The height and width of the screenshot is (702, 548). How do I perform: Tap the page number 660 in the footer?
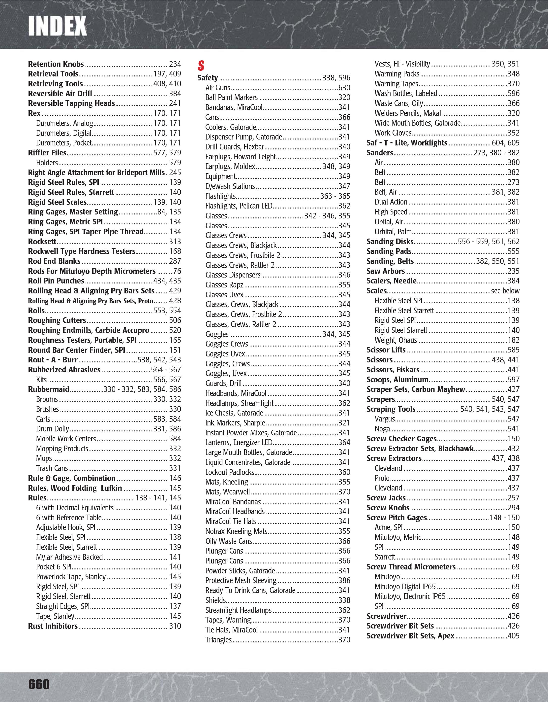tap(39, 684)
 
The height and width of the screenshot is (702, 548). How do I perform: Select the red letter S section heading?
tap(201, 66)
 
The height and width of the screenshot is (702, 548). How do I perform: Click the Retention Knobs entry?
tap(56, 64)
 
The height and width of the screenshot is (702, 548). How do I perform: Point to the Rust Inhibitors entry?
tap(53, 626)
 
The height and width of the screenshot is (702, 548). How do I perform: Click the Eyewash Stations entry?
tap(230, 186)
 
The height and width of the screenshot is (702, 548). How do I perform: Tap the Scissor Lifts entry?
tap(386, 350)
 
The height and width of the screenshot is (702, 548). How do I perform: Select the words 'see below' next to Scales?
tap(505, 291)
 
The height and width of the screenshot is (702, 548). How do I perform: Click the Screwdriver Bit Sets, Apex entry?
tap(410, 636)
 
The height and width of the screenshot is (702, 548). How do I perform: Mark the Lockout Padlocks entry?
tap(230, 472)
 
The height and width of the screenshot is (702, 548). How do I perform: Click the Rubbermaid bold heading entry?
tap(48, 389)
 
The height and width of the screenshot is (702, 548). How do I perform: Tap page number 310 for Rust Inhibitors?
tap(175, 626)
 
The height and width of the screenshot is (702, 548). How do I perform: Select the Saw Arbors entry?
tap(386, 271)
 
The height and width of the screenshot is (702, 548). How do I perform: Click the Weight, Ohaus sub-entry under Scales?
tap(396, 340)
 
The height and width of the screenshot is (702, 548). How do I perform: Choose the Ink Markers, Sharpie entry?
tap(235, 423)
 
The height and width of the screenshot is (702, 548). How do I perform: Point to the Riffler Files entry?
tap(47, 153)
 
